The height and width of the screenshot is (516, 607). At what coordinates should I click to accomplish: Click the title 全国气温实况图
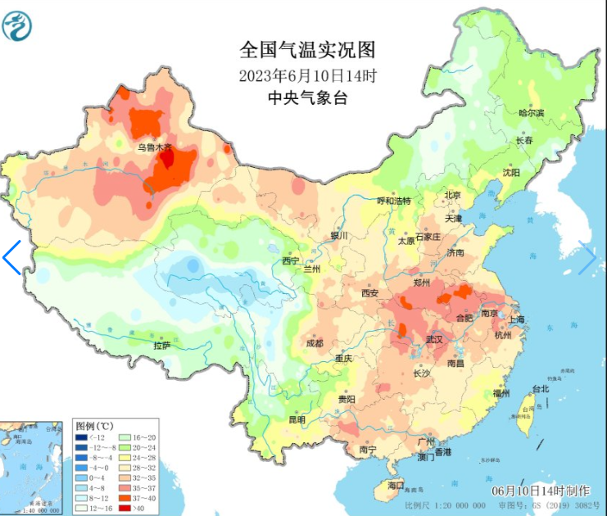[x=307, y=51]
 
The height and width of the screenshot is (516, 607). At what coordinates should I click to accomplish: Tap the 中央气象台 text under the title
[x=307, y=98]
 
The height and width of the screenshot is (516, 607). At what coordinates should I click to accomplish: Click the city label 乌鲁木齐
[x=155, y=147]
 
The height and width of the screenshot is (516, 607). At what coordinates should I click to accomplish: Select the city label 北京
[x=452, y=195]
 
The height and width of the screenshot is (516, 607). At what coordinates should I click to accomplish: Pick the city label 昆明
[x=296, y=419]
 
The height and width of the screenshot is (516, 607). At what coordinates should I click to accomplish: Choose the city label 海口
[x=396, y=487]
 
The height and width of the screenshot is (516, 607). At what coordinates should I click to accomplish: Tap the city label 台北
[x=541, y=388]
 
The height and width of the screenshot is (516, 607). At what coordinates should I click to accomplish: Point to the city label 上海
[x=516, y=319]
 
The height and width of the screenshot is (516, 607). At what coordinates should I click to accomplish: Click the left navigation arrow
[x=11, y=257]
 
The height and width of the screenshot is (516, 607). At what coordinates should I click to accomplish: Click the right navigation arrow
[x=587, y=259]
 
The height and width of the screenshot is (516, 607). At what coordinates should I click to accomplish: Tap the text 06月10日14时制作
[x=541, y=490]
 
